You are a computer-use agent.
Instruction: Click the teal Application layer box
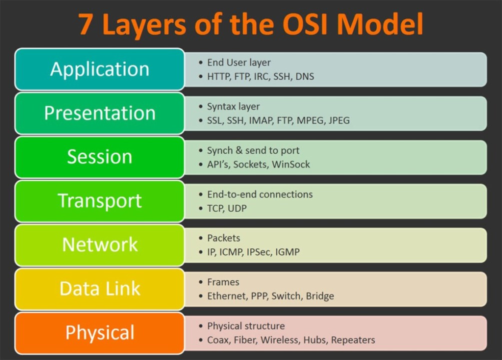tap(99, 69)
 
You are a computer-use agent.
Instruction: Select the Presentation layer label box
tap(99, 113)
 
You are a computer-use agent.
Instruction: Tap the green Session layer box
tap(99, 157)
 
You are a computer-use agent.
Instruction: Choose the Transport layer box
tap(99, 201)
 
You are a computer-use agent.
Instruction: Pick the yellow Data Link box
tap(99, 289)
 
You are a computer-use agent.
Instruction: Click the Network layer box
tap(99, 245)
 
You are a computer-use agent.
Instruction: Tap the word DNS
tap(304, 76)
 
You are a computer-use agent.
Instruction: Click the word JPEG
tap(339, 120)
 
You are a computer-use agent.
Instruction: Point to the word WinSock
tap(291, 164)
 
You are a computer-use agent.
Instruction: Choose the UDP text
tap(237, 208)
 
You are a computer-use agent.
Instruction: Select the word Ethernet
tap(227, 296)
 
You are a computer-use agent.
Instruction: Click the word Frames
tap(223, 282)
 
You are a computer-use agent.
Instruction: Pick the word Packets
tap(223, 238)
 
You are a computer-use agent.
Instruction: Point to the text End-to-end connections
tap(259, 194)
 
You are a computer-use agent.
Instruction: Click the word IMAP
tap(260, 120)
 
